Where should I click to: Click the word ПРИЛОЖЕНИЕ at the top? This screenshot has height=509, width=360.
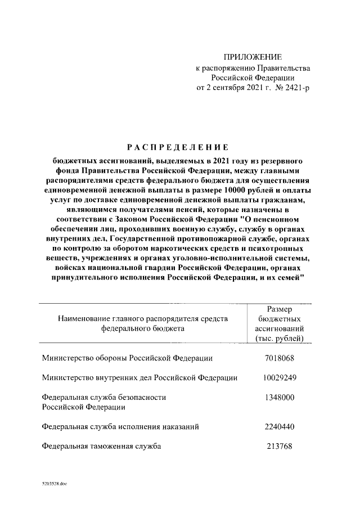[x=253, y=57]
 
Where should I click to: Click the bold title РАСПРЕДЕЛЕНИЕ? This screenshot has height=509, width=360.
[x=177, y=147]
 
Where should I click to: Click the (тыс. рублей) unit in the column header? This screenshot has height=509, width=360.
[x=280, y=338]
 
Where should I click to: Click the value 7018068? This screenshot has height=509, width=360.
[x=280, y=358]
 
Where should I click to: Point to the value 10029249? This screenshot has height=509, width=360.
[x=280, y=377]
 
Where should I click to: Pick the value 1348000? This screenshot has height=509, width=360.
[x=280, y=397]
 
